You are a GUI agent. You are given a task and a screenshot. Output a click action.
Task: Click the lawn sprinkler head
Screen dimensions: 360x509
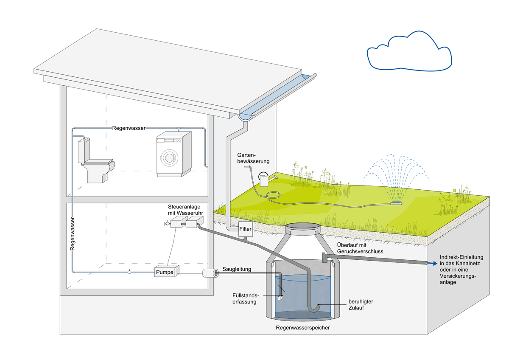(396, 203)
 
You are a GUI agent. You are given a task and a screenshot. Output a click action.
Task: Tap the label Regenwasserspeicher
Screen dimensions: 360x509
(302, 328)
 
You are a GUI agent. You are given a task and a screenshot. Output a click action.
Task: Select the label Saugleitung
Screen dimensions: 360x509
(237, 269)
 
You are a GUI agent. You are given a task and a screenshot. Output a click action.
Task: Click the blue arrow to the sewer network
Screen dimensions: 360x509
(431, 264)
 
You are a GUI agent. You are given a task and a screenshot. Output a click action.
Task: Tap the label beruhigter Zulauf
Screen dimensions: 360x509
(361, 304)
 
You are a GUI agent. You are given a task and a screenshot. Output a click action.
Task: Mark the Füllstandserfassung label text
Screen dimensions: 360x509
(244, 298)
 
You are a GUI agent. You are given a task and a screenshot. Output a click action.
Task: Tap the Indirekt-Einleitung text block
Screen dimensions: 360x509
(461, 270)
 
